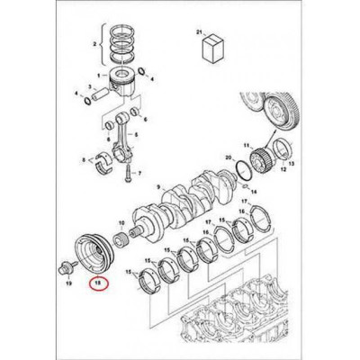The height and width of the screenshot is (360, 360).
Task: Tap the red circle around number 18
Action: pos(98,285)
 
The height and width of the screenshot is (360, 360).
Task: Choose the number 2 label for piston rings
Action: pos(94,42)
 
